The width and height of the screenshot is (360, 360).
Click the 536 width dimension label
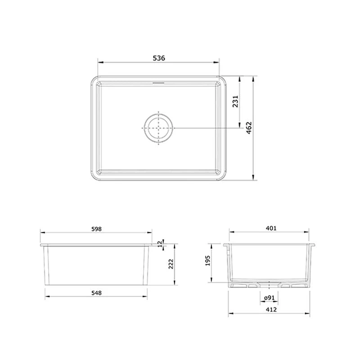(x=159, y=58)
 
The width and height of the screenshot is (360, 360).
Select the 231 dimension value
(x=235, y=103)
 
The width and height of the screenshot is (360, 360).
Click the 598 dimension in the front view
(x=96, y=229)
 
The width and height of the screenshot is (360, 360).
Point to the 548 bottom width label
(x=96, y=292)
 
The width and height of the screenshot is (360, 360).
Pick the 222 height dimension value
(x=171, y=264)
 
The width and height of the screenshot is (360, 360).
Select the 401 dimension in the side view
(x=270, y=229)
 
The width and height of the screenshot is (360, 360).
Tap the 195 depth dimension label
(x=207, y=261)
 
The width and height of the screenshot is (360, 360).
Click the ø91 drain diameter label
(x=269, y=298)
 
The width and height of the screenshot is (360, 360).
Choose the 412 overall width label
(x=271, y=309)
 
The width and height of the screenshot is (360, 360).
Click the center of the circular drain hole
(x=158, y=128)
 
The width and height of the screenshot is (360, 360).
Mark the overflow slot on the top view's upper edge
(x=159, y=82)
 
